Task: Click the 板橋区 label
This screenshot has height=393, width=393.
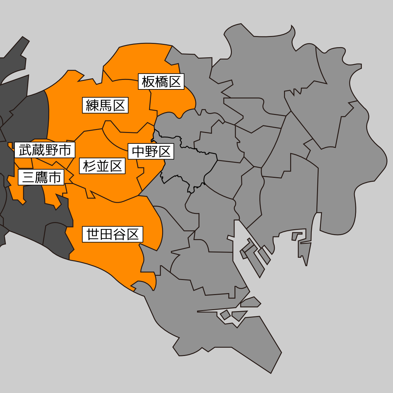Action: [161, 82]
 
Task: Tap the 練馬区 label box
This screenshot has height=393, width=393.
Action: [105, 105]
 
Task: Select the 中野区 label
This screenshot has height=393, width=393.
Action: [151, 152]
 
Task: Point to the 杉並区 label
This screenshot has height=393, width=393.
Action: [102, 166]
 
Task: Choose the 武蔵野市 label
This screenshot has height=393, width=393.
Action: [45, 150]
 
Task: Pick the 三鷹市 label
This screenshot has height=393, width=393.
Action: [41, 177]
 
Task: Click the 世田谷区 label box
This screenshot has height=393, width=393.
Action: [112, 234]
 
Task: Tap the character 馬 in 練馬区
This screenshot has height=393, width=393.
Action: [105, 105]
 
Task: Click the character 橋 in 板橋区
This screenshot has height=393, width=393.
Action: [161, 82]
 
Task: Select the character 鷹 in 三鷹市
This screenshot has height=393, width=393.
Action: [42, 177]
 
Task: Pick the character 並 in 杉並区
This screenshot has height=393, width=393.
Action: [103, 166]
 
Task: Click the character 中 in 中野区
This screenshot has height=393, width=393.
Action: [138, 152]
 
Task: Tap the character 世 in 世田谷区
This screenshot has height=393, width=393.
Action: [93, 234]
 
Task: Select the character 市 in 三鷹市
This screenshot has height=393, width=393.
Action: [55, 177]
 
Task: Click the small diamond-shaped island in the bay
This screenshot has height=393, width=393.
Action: [225, 315]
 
